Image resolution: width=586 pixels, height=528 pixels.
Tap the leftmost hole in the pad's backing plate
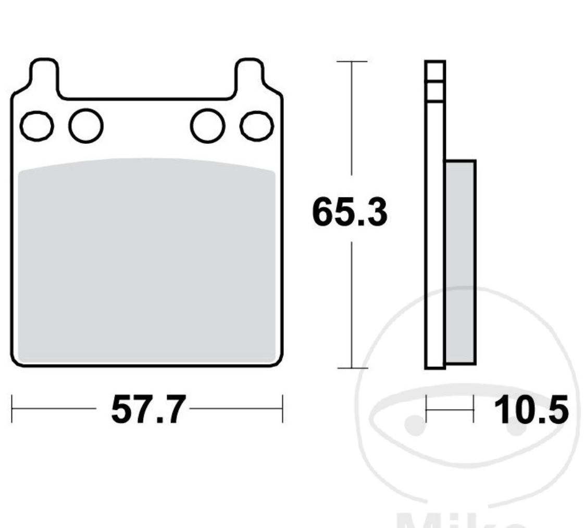(36, 126)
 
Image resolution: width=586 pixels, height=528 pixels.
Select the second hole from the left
(86, 126)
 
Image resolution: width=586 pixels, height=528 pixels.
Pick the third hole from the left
(207, 126)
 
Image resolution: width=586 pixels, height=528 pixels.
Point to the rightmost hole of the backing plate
(257, 126)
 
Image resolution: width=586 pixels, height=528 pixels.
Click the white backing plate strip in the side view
(435, 235)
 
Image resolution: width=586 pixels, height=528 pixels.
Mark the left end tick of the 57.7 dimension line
(12, 409)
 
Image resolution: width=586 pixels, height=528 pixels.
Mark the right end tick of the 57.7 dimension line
(282, 409)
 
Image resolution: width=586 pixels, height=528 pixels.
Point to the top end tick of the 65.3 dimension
(352, 62)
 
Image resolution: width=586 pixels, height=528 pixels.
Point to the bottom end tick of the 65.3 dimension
(352, 368)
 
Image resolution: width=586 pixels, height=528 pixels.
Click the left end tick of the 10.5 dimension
(427, 409)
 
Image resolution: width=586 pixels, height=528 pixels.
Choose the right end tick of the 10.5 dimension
(473, 409)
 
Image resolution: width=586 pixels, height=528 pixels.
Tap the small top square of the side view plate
(435, 71)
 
